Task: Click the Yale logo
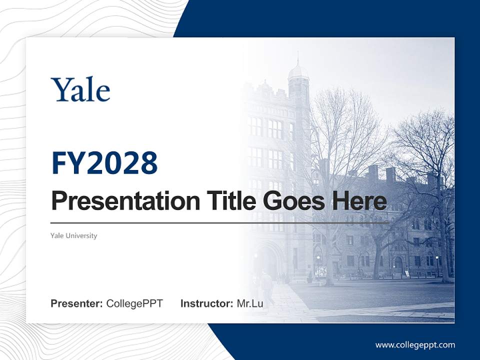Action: [x=80, y=90]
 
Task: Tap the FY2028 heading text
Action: [x=104, y=163]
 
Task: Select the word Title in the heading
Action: [x=226, y=201]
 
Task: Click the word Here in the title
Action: [x=359, y=201]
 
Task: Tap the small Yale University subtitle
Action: [x=73, y=235]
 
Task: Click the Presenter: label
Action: [x=77, y=303]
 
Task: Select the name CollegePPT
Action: [x=134, y=303]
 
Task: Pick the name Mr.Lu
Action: [x=250, y=303]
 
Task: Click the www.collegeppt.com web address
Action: [x=415, y=344]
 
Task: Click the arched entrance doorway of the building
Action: [x=268, y=260]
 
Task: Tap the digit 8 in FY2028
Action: [x=147, y=163]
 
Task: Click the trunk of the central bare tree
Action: [x=330, y=250]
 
